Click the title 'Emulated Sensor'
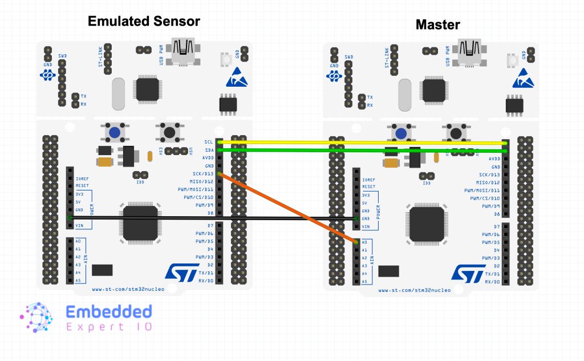pos(144,22)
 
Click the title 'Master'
pos(437,25)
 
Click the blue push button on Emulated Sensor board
pos(115,133)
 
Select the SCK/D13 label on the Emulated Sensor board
pos(202,173)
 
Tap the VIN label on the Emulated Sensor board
pos(79,225)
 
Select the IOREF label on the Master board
pos(369,179)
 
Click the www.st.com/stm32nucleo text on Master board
pos(415,290)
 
